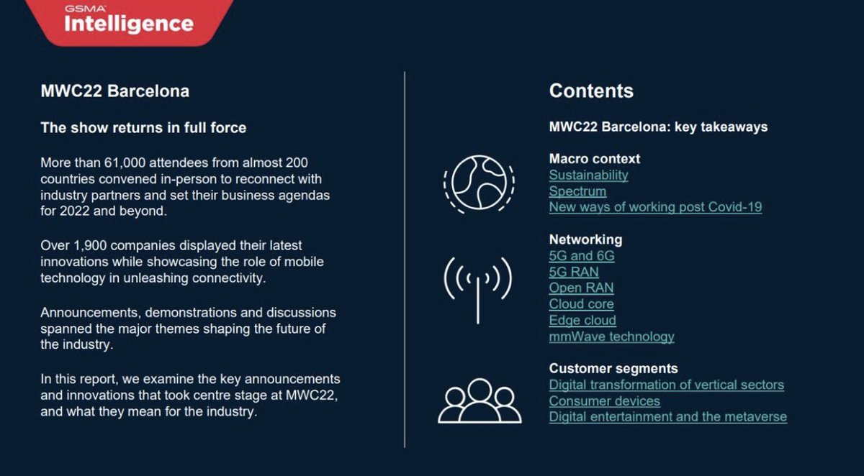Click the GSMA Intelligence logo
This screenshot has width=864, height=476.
pos(129,20)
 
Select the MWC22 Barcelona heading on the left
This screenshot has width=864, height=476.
pos(115,91)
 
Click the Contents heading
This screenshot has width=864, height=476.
pos(591,91)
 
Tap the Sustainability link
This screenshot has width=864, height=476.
pos(588,175)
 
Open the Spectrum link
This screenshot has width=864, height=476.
pos(577,192)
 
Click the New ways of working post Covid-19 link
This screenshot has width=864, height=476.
pos(655,208)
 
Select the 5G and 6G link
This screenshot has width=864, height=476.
pos(582,256)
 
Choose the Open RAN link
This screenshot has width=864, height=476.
pos(581,288)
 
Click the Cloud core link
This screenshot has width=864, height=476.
pos(581,304)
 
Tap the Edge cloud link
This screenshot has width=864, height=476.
pos(582,321)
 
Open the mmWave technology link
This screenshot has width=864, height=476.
pos(611,337)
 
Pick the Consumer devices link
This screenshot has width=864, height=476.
pos(604,401)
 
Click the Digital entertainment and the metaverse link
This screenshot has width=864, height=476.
pos(667,417)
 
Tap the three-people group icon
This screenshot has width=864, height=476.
pos(479,400)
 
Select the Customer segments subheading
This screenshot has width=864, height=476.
pos(613,369)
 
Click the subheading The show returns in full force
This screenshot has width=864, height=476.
pos(143,128)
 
